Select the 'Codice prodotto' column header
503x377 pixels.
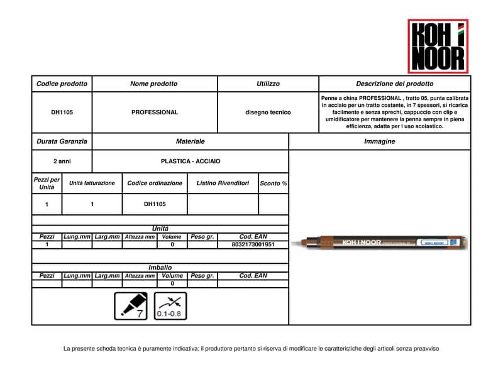[62, 84]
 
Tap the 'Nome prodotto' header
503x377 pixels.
[154, 84]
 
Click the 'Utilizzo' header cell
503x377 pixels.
[268, 84]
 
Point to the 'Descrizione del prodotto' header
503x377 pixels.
[394, 84]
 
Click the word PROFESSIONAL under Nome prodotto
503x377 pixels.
[155, 112]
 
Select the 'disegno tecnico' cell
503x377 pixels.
[268, 112]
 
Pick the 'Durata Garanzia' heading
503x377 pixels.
[62, 141]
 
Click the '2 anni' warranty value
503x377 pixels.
[62, 161]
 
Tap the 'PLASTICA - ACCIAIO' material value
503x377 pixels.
[191, 161]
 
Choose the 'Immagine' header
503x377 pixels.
[380, 141]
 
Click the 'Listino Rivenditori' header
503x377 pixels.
[223, 183]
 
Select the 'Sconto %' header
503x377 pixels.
[274, 183]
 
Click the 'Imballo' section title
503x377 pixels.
[160, 268]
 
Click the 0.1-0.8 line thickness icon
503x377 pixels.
[170, 306]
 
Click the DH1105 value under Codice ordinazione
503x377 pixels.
[155, 204]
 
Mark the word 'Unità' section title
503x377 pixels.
[160, 229]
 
